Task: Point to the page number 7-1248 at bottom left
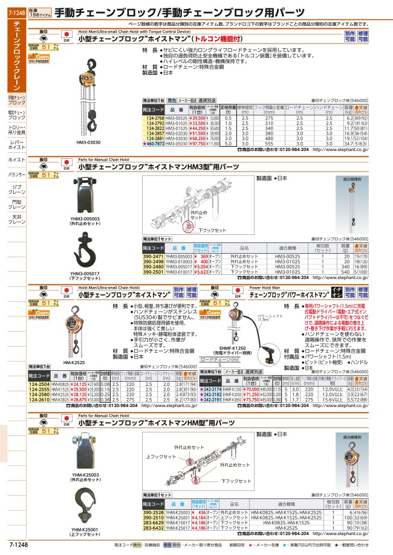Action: point(14,545)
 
